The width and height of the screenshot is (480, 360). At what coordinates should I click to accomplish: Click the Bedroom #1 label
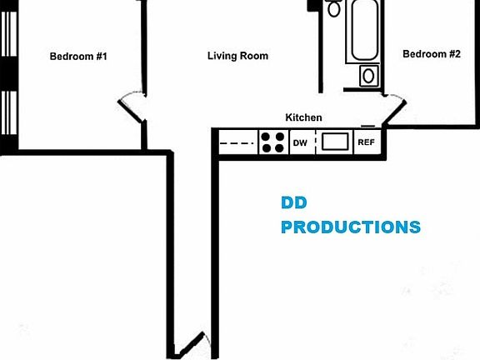coord(78,57)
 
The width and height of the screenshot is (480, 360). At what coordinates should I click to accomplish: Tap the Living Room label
coord(237,56)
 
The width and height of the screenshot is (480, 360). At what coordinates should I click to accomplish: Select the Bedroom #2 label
coord(432,54)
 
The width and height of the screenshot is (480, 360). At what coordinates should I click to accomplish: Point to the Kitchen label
coord(303,117)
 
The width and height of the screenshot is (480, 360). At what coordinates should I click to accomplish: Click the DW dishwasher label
coord(300,143)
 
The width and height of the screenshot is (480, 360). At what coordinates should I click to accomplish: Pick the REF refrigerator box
coord(367,142)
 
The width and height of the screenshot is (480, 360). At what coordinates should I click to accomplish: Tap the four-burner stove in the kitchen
coord(273,142)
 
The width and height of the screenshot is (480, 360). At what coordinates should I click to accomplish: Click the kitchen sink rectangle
coord(335,142)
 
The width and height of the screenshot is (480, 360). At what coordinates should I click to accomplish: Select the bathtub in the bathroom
coord(364,30)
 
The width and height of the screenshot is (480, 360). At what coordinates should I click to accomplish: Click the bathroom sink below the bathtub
coord(369,76)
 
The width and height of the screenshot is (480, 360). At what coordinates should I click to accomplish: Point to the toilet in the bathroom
coord(333,8)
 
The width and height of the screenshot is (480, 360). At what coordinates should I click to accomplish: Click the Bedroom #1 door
coord(131,111)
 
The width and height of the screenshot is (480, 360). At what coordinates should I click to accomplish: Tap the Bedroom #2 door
coord(395,112)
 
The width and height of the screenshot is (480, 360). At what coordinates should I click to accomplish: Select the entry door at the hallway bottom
coord(189,345)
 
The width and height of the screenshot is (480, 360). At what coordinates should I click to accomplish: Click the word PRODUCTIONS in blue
coord(351,227)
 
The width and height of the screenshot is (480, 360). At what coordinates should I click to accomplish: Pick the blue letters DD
coord(294,202)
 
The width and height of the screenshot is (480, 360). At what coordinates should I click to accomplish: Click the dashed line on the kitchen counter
coord(237,143)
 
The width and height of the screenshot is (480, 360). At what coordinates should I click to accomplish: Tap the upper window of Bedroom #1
coord(9,33)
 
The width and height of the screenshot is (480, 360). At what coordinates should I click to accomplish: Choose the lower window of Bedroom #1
coord(9,112)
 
